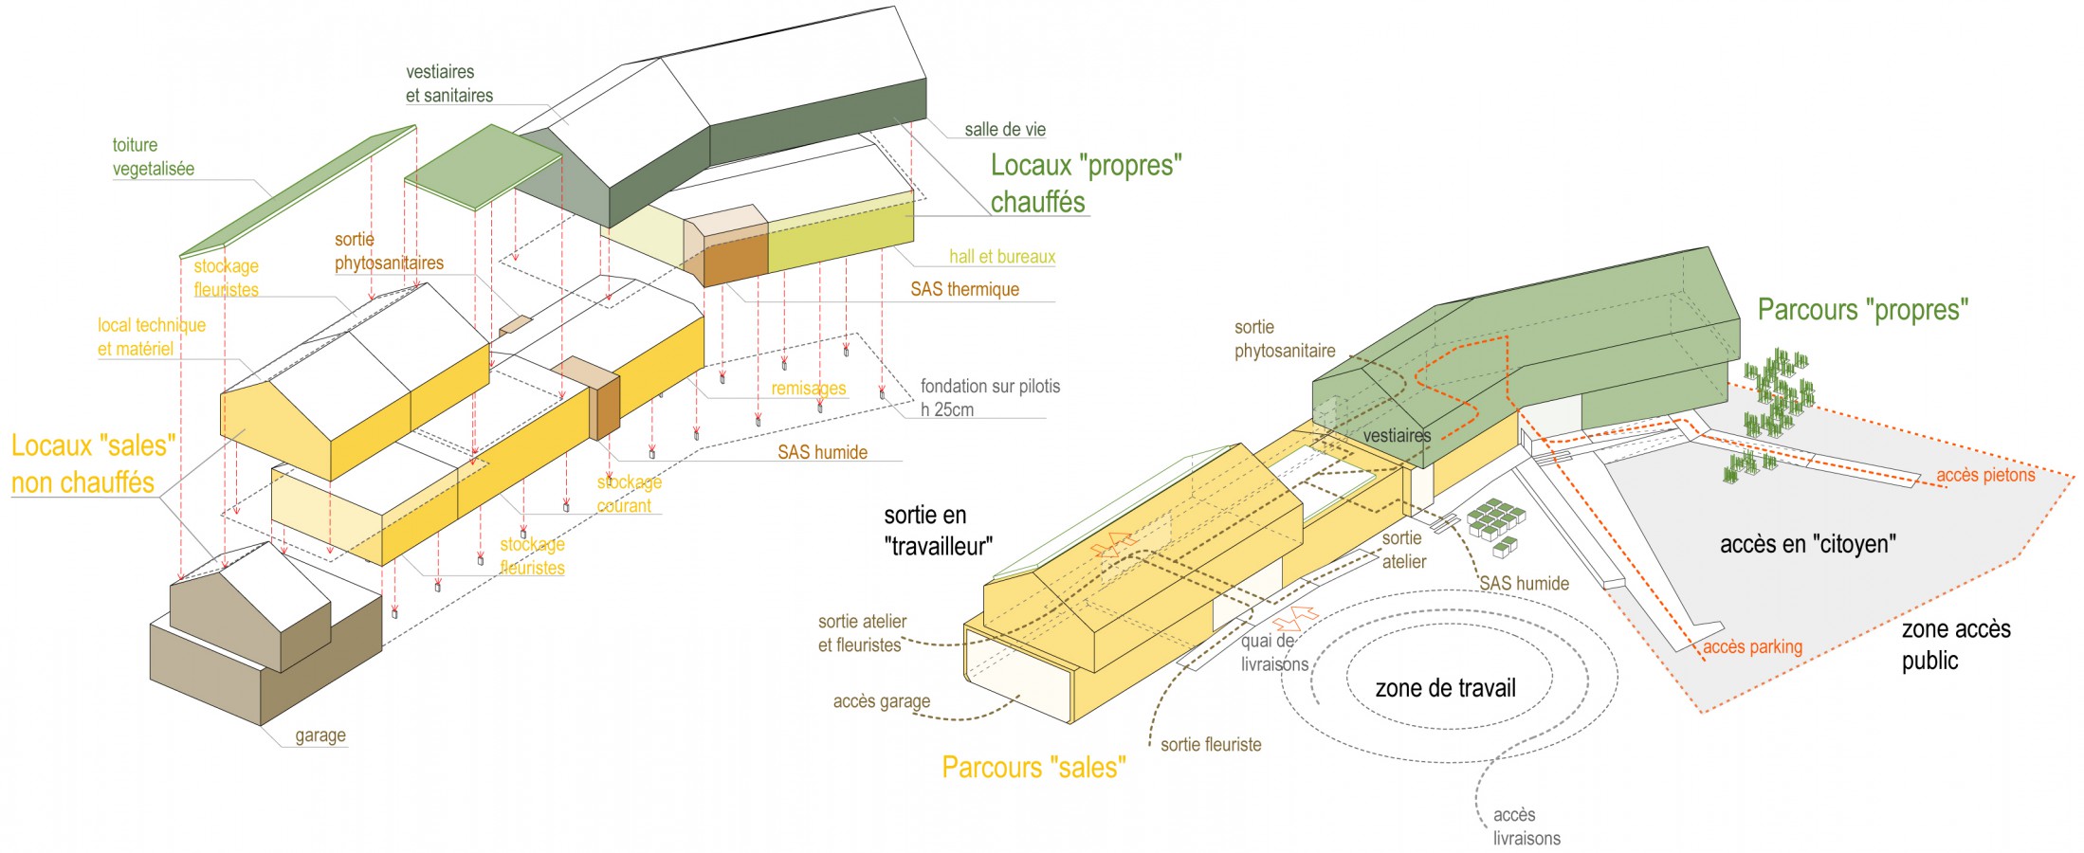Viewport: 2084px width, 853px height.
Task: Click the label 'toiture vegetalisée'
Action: tap(153, 157)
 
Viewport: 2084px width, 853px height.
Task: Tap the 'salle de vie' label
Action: tap(1004, 130)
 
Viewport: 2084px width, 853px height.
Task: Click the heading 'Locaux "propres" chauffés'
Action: tap(1085, 183)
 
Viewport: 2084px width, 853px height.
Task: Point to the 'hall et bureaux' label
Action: tap(1001, 257)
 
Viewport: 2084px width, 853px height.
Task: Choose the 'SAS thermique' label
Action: tap(964, 289)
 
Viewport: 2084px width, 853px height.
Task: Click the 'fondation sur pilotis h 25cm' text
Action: tap(989, 398)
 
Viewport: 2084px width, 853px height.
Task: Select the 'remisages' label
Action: tap(808, 389)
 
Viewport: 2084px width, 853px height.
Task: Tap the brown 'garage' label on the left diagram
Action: tap(320, 735)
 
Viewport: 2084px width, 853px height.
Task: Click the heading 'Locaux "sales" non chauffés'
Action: tap(93, 463)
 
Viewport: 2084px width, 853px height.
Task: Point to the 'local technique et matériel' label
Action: tap(151, 337)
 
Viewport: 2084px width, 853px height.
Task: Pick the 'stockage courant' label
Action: tap(628, 494)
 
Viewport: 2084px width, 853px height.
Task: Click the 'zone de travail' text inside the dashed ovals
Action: tap(1445, 688)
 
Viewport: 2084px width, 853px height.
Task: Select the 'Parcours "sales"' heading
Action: tap(1033, 767)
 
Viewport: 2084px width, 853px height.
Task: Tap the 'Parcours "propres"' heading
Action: tap(1862, 310)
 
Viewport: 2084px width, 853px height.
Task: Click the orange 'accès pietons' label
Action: tap(1985, 476)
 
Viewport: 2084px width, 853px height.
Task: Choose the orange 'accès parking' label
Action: tap(1752, 647)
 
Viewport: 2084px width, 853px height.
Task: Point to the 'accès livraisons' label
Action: tap(1526, 826)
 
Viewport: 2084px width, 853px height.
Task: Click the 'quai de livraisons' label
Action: tap(1273, 653)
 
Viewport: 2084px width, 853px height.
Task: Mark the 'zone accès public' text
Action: tap(1955, 644)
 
